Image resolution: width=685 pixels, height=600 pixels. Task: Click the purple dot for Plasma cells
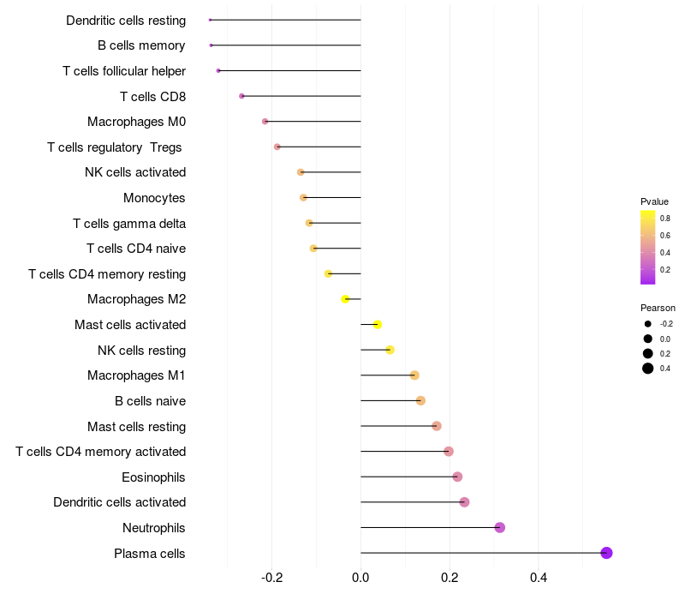click(x=606, y=553)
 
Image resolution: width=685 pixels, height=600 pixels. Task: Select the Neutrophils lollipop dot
click(x=500, y=527)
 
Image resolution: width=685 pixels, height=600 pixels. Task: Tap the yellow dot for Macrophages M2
click(x=345, y=299)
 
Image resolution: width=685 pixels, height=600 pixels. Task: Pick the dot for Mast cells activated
click(x=377, y=324)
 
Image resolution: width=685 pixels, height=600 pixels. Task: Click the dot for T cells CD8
click(x=241, y=96)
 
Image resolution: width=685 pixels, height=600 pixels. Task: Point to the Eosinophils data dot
click(x=457, y=477)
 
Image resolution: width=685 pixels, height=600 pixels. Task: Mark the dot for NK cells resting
click(x=390, y=350)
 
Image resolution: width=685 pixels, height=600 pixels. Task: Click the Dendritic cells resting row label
click(x=126, y=20)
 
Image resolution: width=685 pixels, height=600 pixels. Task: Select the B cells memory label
click(x=141, y=45)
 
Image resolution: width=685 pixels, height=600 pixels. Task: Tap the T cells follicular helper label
click(x=124, y=71)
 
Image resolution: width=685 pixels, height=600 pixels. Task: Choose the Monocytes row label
click(x=154, y=198)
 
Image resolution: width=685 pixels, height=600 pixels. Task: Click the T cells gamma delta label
click(x=129, y=224)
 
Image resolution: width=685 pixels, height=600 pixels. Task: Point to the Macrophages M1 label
click(x=136, y=375)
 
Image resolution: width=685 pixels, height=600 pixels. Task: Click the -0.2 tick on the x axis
click(x=271, y=579)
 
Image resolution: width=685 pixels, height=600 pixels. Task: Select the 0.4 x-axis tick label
click(x=539, y=579)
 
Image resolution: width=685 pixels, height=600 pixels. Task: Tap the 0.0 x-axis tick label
click(x=360, y=579)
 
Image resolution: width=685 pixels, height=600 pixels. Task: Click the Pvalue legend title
click(x=654, y=201)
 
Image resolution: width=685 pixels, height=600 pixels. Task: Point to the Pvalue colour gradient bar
click(x=648, y=247)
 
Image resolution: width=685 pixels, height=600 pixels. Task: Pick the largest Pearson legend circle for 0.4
click(x=648, y=369)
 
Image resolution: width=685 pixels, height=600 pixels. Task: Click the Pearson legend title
click(x=658, y=308)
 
